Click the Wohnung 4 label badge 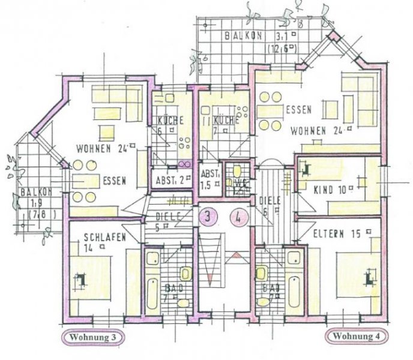[357, 336]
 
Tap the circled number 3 [207, 217]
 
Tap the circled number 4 [239, 217]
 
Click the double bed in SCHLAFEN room [90, 279]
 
